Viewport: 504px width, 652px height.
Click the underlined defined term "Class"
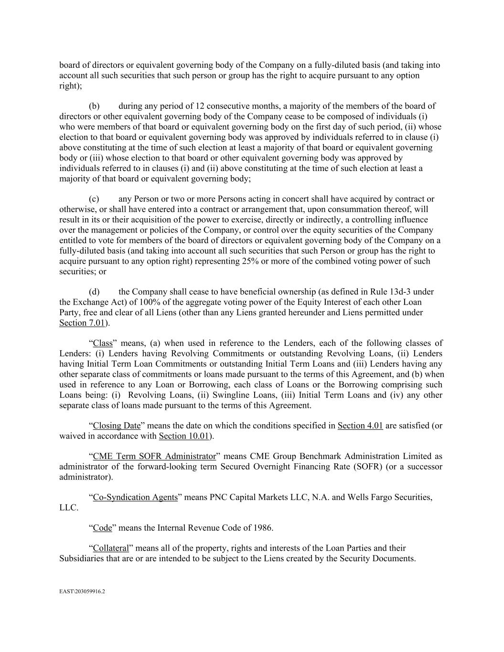point(102,343)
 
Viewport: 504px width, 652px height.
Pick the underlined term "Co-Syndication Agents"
point(135,497)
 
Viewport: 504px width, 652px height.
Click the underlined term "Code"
point(102,527)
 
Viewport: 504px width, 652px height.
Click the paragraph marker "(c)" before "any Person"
point(94,199)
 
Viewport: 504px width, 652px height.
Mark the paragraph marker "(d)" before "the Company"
point(94,291)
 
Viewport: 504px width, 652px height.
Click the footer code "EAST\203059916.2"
point(82,591)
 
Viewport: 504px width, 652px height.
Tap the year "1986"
point(262,527)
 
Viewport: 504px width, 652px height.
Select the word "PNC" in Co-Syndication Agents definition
point(219,497)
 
